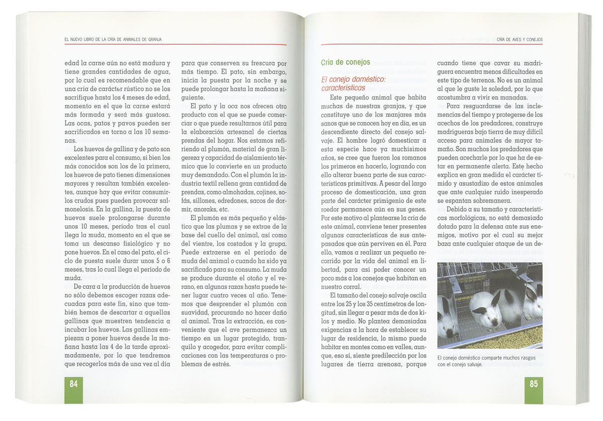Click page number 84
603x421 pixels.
coord(73,384)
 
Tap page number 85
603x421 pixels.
coord(534,384)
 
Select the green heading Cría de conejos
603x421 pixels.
coord(345,62)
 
